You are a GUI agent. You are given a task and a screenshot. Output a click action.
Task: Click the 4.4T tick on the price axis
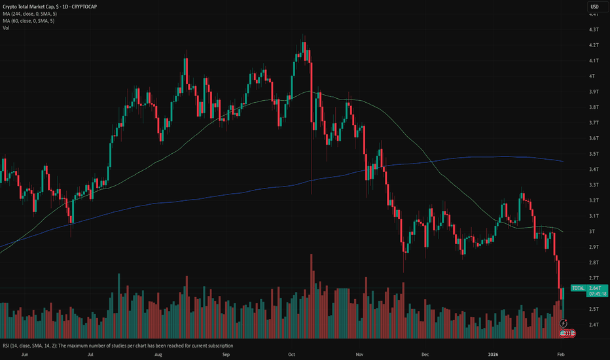point(594,14)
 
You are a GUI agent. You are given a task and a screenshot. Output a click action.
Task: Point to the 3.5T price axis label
point(594,153)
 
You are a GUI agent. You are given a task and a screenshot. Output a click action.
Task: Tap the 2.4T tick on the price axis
point(594,324)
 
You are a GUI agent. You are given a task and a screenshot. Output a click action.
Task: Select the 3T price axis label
point(593,231)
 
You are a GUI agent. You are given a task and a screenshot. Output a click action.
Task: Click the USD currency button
point(595,7)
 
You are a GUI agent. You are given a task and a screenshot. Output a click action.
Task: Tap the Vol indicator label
point(6,27)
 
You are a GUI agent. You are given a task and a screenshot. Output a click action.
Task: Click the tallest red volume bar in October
point(312,295)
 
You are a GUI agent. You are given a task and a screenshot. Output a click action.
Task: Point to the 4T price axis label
point(593,76)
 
